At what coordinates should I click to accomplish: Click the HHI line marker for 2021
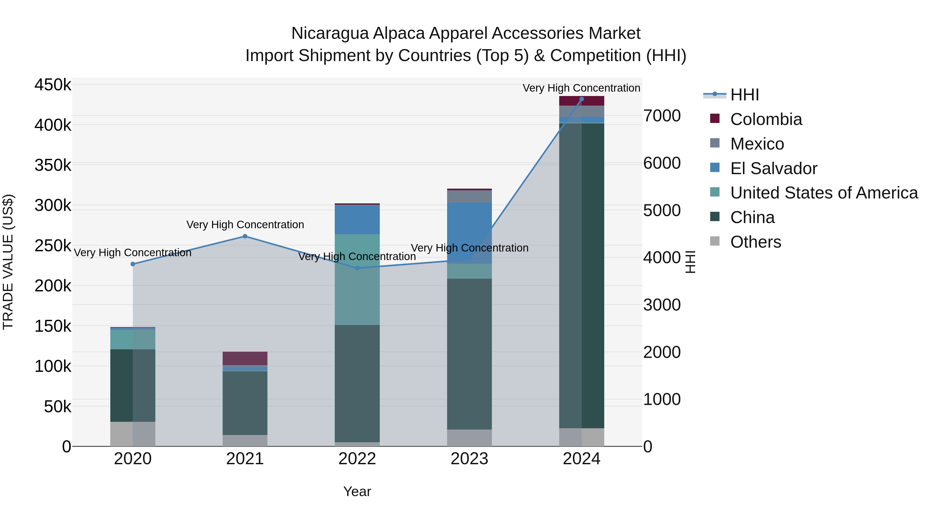point(245,236)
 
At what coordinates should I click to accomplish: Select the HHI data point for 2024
point(581,99)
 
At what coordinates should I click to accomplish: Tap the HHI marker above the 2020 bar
point(133,264)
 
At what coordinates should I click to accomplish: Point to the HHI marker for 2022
point(357,268)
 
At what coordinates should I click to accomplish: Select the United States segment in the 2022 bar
point(357,279)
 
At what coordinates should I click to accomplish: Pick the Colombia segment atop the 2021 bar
point(245,358)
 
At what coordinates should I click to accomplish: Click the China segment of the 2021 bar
point(245,403)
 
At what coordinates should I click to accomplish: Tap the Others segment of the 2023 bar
point(469,438)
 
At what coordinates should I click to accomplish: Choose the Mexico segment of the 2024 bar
point(581,111)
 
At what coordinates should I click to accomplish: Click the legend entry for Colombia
point(766,119)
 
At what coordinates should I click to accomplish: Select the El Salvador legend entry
point(774,168)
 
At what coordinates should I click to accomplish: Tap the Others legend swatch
point(715,241)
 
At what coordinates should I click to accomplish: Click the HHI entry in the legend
point(745,95)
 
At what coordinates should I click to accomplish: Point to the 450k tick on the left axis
point(53,85)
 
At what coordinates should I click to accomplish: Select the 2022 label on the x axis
point(357,459)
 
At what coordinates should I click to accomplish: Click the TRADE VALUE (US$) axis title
point(8,262)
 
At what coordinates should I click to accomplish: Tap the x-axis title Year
point(357,491)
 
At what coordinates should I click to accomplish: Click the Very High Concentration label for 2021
point(245,225)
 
